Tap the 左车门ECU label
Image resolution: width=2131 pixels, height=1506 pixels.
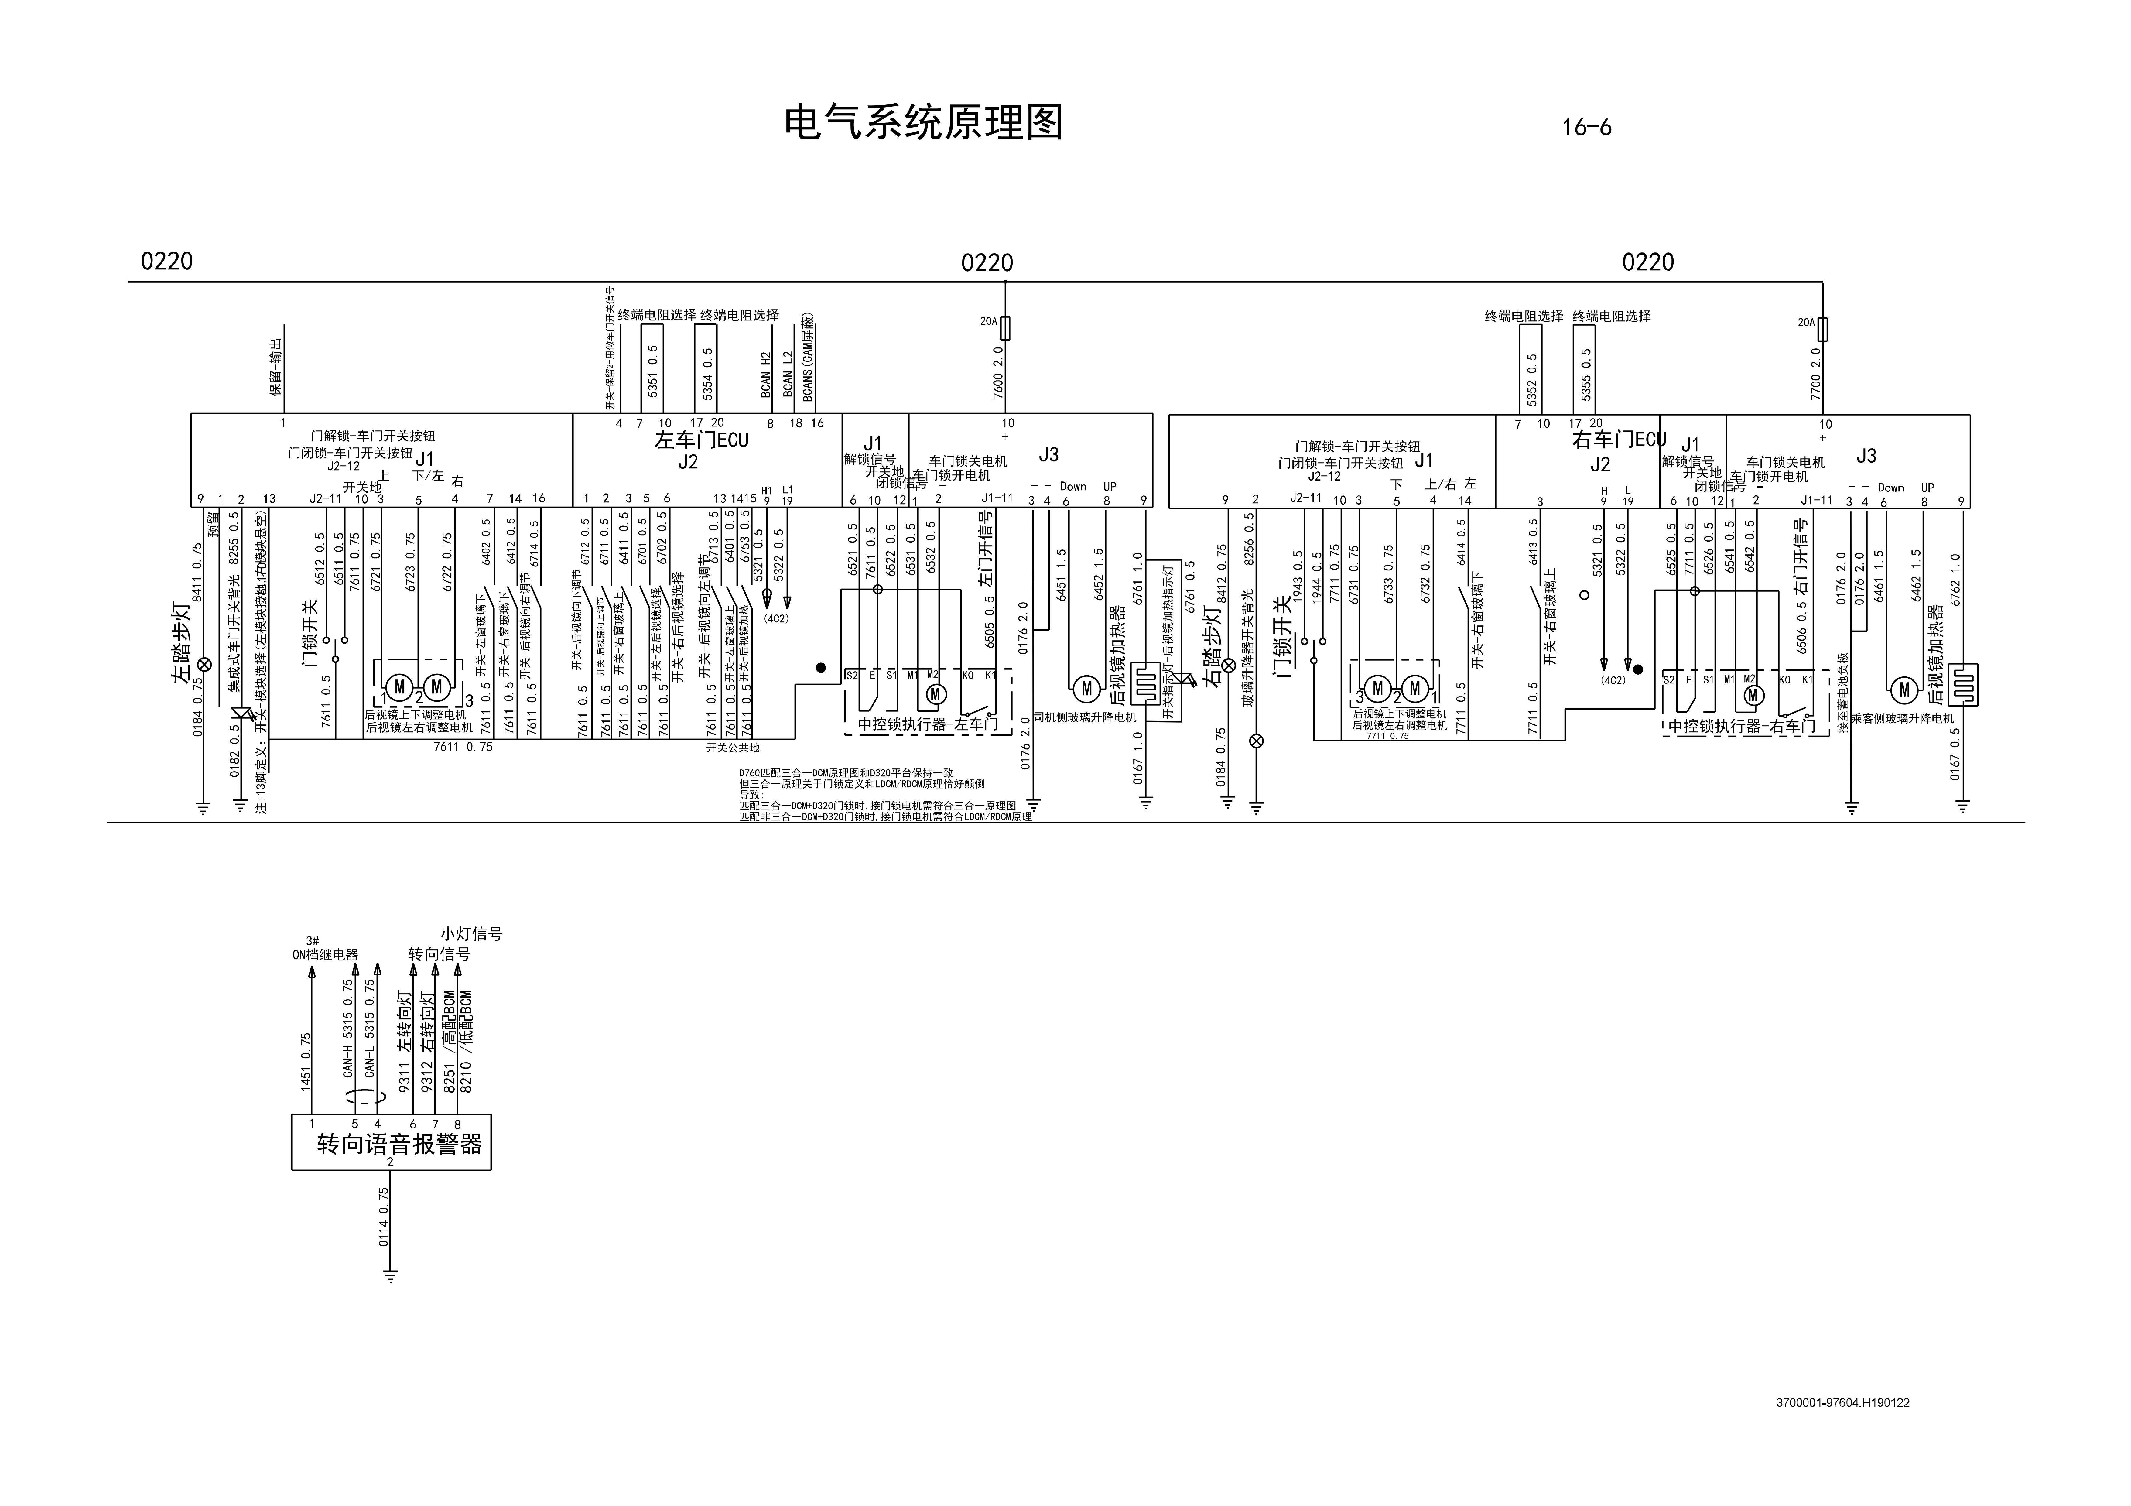coord(701,440)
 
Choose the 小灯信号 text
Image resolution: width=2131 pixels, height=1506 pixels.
coord(471,933)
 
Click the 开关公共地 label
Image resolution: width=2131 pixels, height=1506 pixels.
coord(732,747)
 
